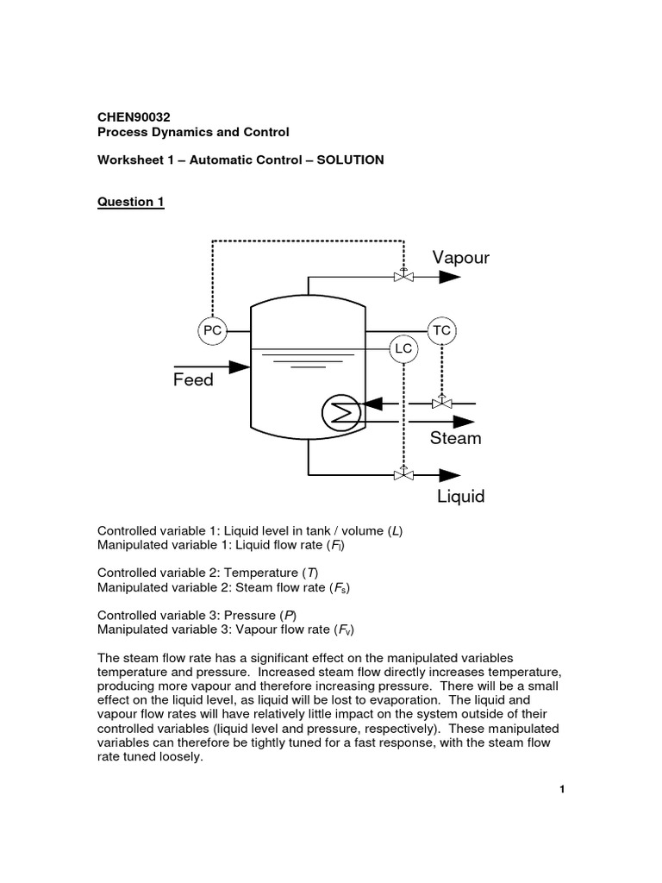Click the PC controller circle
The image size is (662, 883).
[x=212, y=330]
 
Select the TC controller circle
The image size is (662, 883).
[x=441, y=330]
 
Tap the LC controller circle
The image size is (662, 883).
[x=403, y=348]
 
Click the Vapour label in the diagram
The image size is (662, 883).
[x=461, y=258]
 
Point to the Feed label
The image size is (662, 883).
[x=193, y=380]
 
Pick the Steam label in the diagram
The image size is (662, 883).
[x=456, y=438]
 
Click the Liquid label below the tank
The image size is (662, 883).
[x=460, y=497]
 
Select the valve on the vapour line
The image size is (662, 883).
[x=403, y=276]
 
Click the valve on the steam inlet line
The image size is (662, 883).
[x=441, y=403]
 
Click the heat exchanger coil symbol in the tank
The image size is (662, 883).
[x=340, y=413]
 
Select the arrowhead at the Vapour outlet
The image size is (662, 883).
[x=450, y=277]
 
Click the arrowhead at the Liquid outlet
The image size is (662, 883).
[x=450, y=474]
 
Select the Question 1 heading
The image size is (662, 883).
[x=130, y=203]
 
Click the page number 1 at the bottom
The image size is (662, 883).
[x=561, y=789]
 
